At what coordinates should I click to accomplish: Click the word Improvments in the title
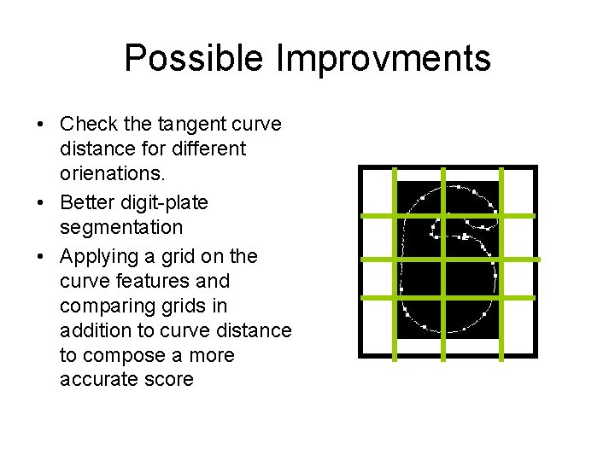click(383, 58)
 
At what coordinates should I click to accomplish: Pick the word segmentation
click(121, 227)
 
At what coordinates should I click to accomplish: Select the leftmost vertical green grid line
click(394, 260)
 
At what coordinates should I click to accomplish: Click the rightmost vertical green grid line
click(501, 260)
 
